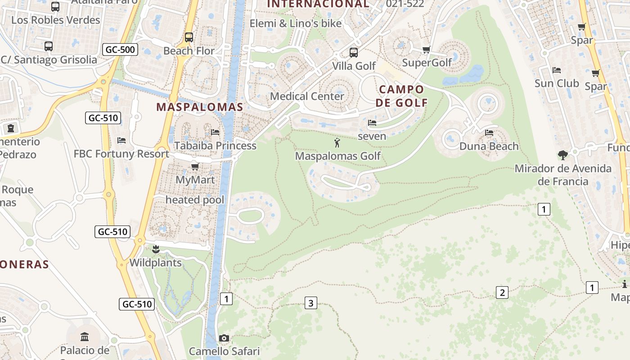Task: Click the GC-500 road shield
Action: pos(120,49)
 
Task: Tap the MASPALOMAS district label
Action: pos(199,107)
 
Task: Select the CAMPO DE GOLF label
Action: pos(402,96)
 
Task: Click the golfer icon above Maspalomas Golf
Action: pos(337,143)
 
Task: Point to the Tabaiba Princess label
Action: pos(215,146)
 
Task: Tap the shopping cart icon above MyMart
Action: pos(195,167)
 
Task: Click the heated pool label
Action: pos(194,200)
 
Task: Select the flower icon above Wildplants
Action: pos(156,249)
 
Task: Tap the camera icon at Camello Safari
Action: pos(224,338)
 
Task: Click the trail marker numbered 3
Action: pos(310,303)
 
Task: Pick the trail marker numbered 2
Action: pos(502,292)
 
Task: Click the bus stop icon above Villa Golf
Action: pos(354,53)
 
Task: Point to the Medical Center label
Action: pos(307,96)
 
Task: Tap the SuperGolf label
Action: pos(427,63)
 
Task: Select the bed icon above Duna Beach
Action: pos(489,133)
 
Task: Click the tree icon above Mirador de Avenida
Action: pos(562,155)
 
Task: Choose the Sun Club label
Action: pos(557,83)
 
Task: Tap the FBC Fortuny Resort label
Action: pos(121,154)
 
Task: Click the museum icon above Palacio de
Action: pos(85,337)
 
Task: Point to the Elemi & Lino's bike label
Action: pos(296,23)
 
